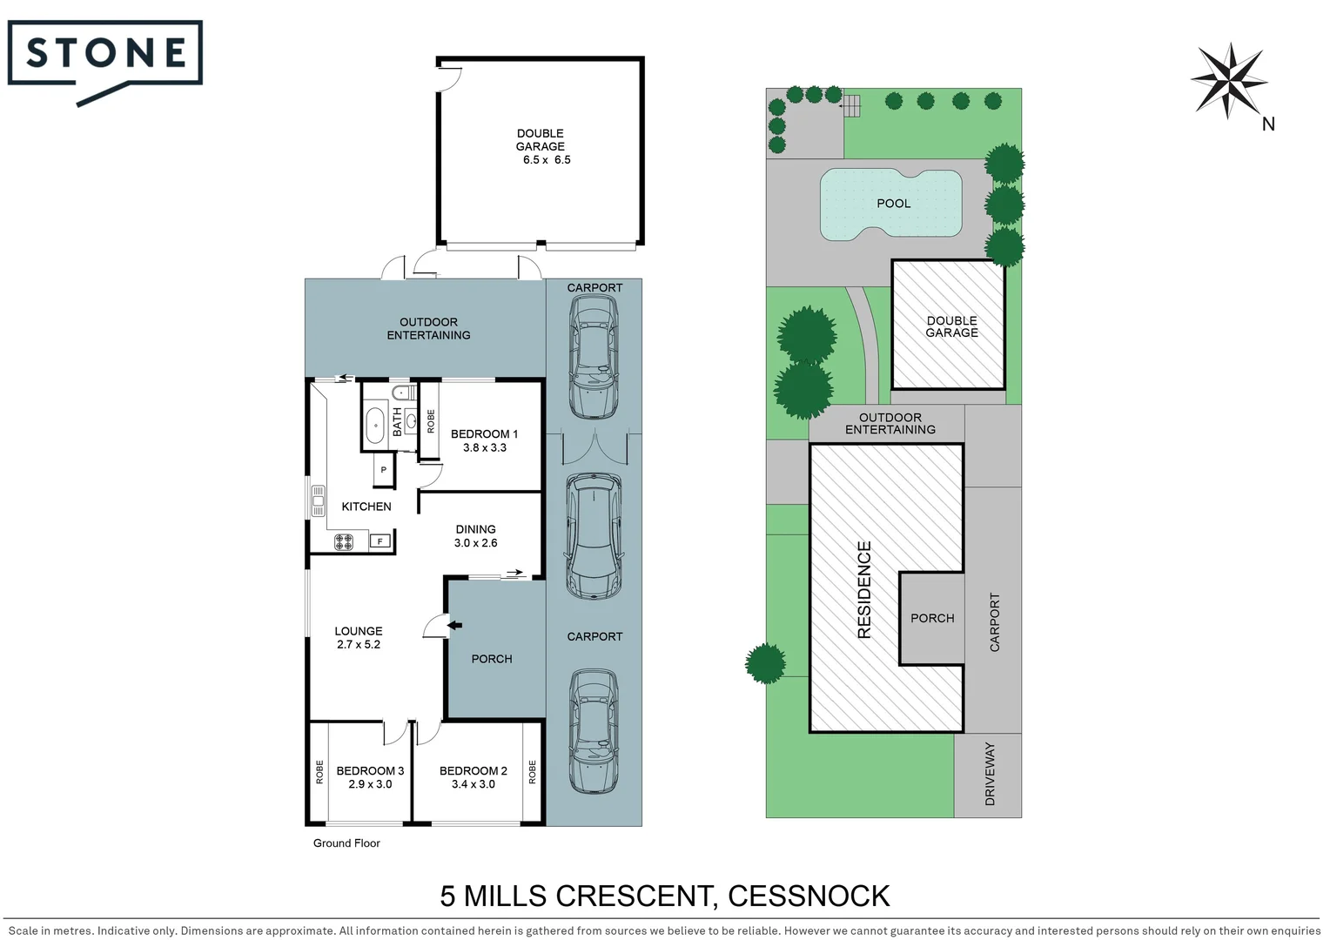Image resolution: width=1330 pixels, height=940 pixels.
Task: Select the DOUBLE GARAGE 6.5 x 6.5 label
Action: [541, 146]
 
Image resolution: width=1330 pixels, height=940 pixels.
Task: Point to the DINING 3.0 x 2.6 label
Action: [475, 536]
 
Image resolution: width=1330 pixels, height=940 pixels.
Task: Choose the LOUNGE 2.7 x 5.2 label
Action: [358, 638]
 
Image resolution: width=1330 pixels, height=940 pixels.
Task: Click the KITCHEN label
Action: [366, 507]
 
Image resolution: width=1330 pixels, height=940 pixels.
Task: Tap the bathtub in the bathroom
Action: [375, 425]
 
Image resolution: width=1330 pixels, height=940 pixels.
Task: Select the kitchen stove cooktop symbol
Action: [344, 542]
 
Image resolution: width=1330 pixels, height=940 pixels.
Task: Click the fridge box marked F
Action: [380, 541]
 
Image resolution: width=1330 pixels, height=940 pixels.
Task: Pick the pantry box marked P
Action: [383, 470]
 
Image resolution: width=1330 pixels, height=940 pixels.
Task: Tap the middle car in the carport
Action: [594, 536]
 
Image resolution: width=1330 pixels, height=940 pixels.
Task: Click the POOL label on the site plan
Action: [893, 204]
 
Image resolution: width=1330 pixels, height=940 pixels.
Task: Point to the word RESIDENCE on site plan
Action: [864, 590]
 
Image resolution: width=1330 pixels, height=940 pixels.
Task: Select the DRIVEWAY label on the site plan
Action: [990, 774]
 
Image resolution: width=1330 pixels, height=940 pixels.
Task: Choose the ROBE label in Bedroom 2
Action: [533, 772]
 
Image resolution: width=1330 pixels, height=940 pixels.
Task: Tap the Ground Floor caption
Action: [346, 843]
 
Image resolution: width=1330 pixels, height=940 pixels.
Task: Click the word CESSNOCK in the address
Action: [809, 896]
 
